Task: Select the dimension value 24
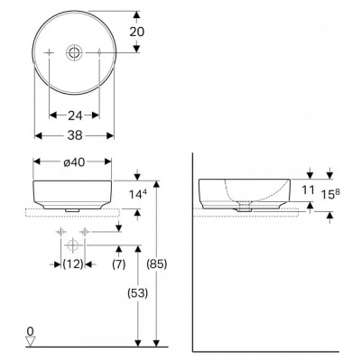point(75,116)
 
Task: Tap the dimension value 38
point(75,136)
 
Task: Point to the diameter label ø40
point(75,163)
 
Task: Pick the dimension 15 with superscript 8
point(333,192)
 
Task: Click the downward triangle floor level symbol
point(31,341)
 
